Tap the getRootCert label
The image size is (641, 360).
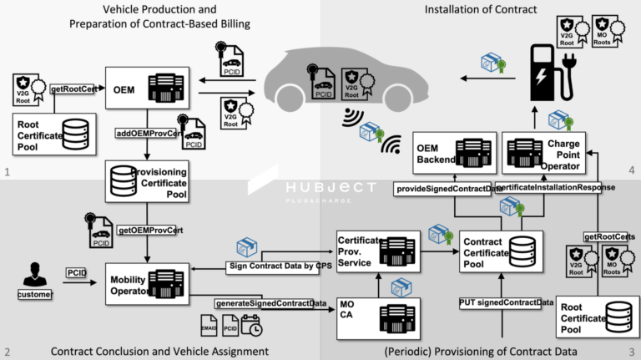73,88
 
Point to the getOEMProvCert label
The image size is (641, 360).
151,230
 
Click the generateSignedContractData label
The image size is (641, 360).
270,303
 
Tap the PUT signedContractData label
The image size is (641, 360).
506,302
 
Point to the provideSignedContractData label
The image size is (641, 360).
442,188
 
